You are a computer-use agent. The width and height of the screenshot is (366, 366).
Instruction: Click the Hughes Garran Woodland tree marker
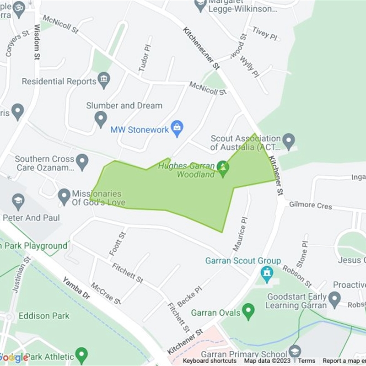click(x=223, y=167)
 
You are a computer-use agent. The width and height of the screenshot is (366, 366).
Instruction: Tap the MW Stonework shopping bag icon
click(x=177, y=128)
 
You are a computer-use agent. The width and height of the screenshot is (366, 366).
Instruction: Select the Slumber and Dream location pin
click(x=101, y=119)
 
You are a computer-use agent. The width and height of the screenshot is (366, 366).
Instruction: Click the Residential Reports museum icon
click(x=104, y=81)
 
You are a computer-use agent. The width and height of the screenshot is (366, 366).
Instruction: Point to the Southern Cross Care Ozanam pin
click(x=82, y=161)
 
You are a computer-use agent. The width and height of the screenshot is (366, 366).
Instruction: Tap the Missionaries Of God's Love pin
click(x=65, y=197)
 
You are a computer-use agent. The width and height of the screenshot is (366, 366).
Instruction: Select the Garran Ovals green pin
click(x=248, y=312)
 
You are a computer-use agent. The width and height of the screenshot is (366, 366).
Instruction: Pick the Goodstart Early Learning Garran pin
click(x=334, y=300)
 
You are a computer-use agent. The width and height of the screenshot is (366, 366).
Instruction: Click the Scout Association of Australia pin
click(x=288, y=141)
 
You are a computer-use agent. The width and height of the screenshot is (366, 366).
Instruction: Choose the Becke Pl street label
click(x=189, y=297)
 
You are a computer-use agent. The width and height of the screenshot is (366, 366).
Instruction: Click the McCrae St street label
click(x=106, y=293)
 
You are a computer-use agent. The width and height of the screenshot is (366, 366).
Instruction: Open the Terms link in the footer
click(x=307, y=361)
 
